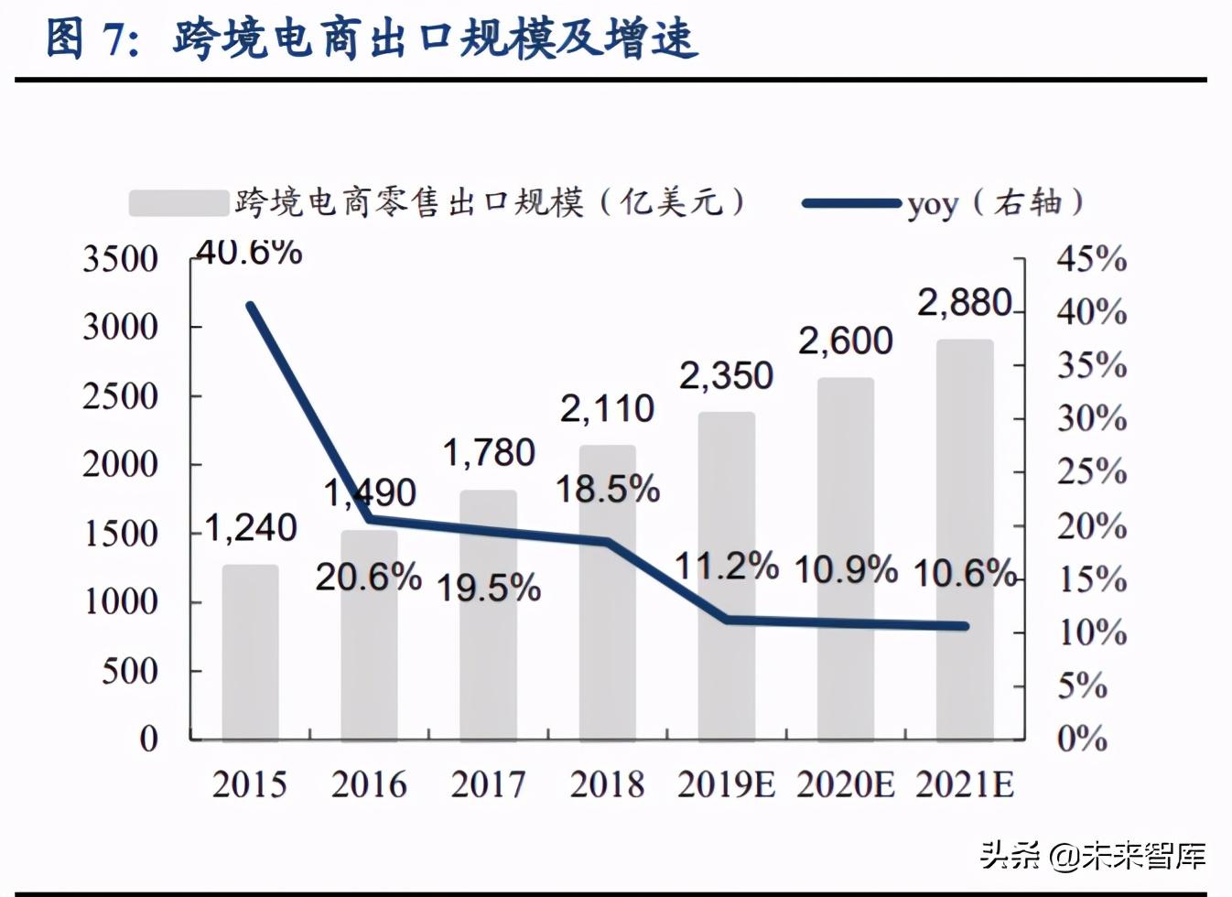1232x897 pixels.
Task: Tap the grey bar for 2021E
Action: pos(965,540)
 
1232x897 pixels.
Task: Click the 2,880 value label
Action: pos(965,303)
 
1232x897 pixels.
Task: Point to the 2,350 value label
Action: pos(726,376)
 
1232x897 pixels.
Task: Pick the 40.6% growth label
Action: pos(249,252)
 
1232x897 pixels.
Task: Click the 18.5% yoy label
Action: pos(608,490)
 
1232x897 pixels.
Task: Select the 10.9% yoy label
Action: pos(845,569)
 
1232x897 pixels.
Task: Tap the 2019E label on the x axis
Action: pos(726,784)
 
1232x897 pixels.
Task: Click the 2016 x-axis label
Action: pos(369,784)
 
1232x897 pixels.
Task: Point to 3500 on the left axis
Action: pos(121,260)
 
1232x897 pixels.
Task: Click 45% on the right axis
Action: pos(1092,260)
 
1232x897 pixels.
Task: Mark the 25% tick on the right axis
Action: pos(1092,472)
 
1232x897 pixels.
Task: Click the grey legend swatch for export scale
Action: pos(178,203)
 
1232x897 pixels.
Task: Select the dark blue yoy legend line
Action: pos(850,203)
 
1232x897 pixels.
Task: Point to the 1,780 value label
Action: pos(489,453)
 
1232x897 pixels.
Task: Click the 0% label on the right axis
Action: pos(1082,739)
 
